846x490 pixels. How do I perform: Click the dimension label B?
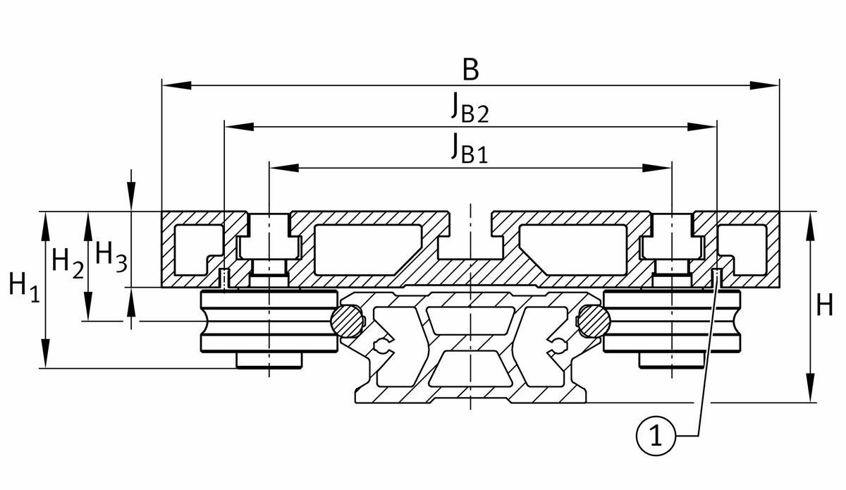(471, 70)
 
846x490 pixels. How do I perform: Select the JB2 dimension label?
(470, 109)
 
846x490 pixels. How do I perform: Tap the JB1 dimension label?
(470, 149)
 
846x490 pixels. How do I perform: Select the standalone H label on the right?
(824, 305)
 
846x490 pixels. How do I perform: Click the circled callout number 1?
(656, 436)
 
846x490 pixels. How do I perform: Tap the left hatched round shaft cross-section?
(347, 321)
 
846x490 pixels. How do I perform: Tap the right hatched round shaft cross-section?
(594, 321)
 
